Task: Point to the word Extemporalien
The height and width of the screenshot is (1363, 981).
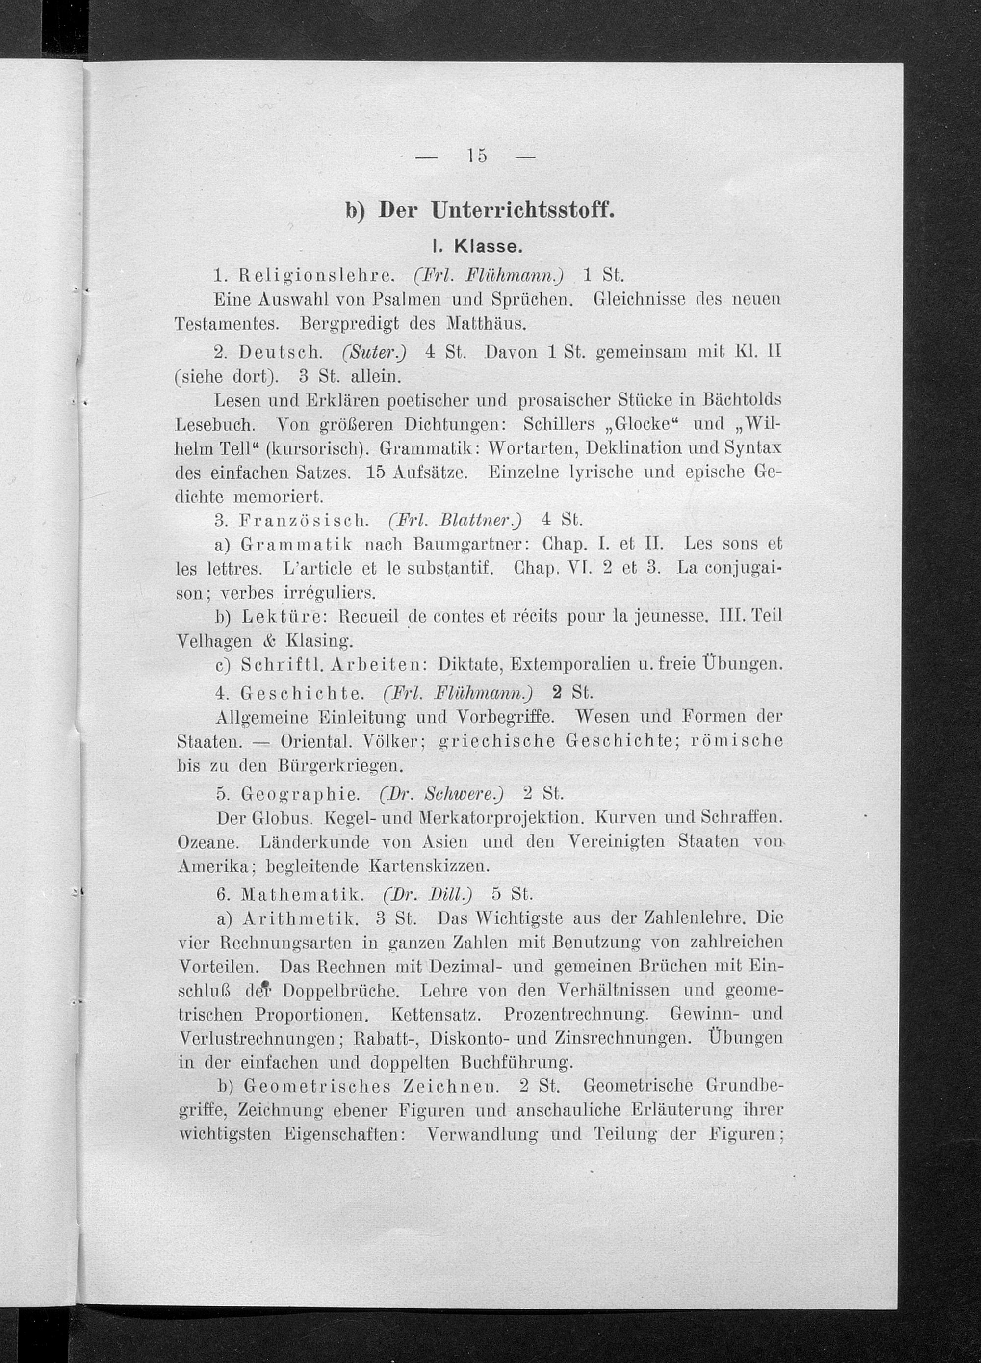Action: point(571,665)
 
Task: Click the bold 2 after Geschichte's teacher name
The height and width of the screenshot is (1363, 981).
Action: point(556,692)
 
